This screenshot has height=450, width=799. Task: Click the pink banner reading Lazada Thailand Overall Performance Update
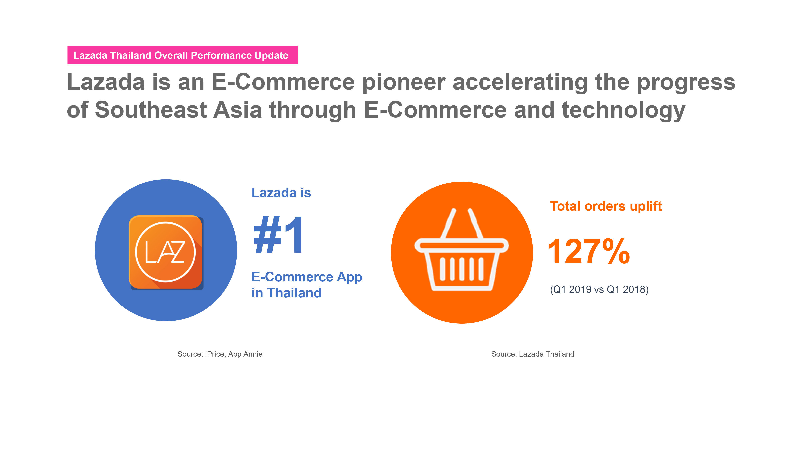pos(182,55)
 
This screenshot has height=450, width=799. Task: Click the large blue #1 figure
pos(278,235)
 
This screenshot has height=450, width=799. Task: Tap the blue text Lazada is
pos(281,193)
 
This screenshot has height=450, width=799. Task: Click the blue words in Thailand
pos(286,293)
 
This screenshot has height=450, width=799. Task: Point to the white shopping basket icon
pos(462,249)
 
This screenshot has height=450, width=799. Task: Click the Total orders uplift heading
pos(606,206)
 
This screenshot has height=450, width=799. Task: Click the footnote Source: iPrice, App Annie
pos(220,354)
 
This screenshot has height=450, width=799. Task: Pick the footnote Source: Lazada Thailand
pos(533,354)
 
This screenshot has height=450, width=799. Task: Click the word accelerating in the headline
pos(520,82)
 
